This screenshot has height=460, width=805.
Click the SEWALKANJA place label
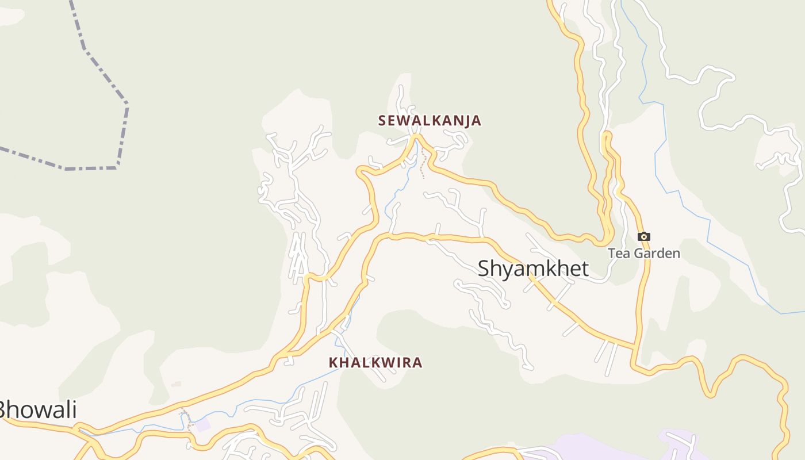[430, 121]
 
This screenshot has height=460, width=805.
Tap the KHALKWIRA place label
[375, 363]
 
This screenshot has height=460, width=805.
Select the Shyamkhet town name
[533, 269]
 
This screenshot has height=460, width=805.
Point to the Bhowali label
[36, 411]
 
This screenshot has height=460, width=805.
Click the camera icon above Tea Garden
[644, 236]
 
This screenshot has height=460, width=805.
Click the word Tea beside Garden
[618, 254]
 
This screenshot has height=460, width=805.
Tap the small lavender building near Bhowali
[202, 425]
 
